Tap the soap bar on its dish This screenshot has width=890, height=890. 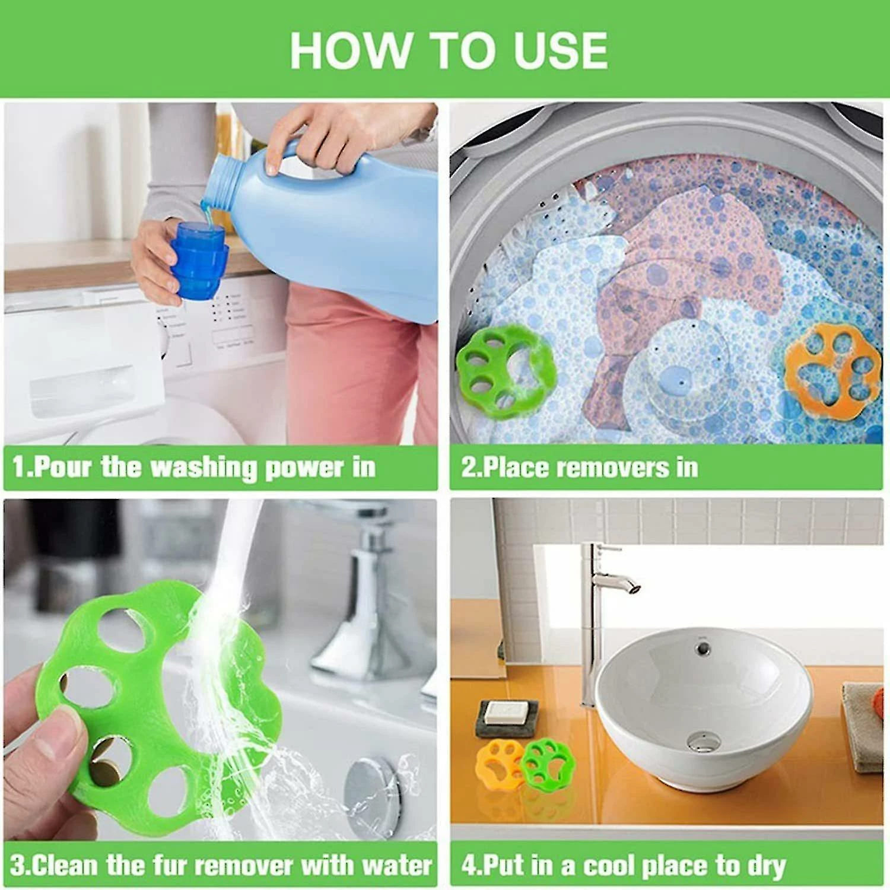coord(507,712)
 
